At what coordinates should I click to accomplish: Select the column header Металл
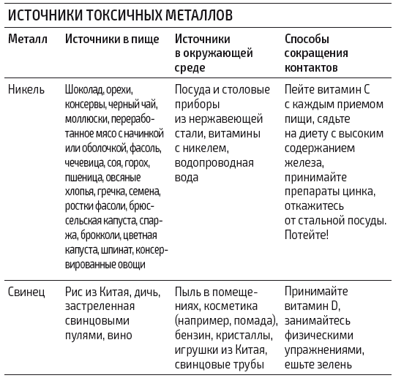27,39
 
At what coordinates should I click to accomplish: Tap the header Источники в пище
111,39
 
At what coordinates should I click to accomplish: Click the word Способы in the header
307,39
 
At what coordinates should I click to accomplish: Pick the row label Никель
26,90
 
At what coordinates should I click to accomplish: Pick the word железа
302,162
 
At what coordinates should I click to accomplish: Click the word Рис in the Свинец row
74,291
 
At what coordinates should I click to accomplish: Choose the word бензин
195,335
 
